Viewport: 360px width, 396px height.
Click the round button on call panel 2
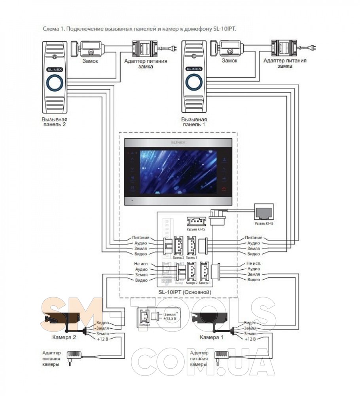[54, 83]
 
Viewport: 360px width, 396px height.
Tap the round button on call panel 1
[194, 83]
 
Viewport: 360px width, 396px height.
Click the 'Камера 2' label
[64, 337]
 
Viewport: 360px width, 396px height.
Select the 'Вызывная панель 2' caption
[54, 122]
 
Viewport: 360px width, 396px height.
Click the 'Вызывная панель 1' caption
[194, 122]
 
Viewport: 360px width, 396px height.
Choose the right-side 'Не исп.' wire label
[254, 264]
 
